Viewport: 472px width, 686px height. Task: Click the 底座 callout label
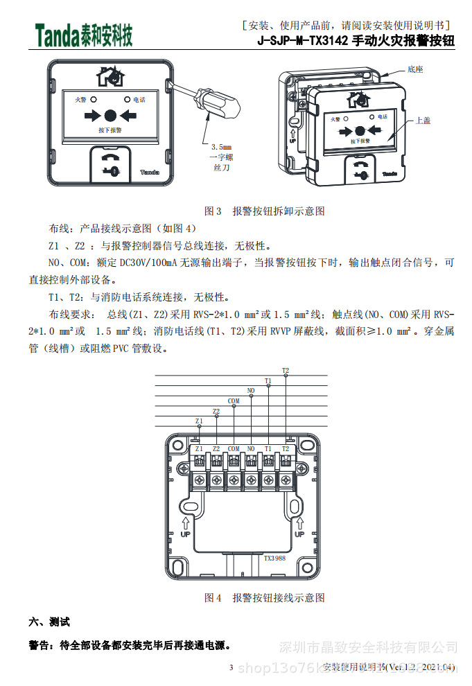coord(415,70)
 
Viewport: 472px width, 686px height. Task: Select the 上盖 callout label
coord(422,120)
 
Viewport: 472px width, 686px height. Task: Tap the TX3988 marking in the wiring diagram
coord(274,557)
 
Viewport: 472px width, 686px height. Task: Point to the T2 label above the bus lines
coord(286,371)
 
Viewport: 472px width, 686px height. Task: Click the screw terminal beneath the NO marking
coord(251,480)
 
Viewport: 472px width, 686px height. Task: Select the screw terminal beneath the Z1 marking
coord(199,480)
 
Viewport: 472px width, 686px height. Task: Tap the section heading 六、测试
coord(49,622)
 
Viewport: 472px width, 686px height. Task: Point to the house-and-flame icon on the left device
coord(110,76)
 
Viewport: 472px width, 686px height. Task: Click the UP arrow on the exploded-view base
coord(293,133)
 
